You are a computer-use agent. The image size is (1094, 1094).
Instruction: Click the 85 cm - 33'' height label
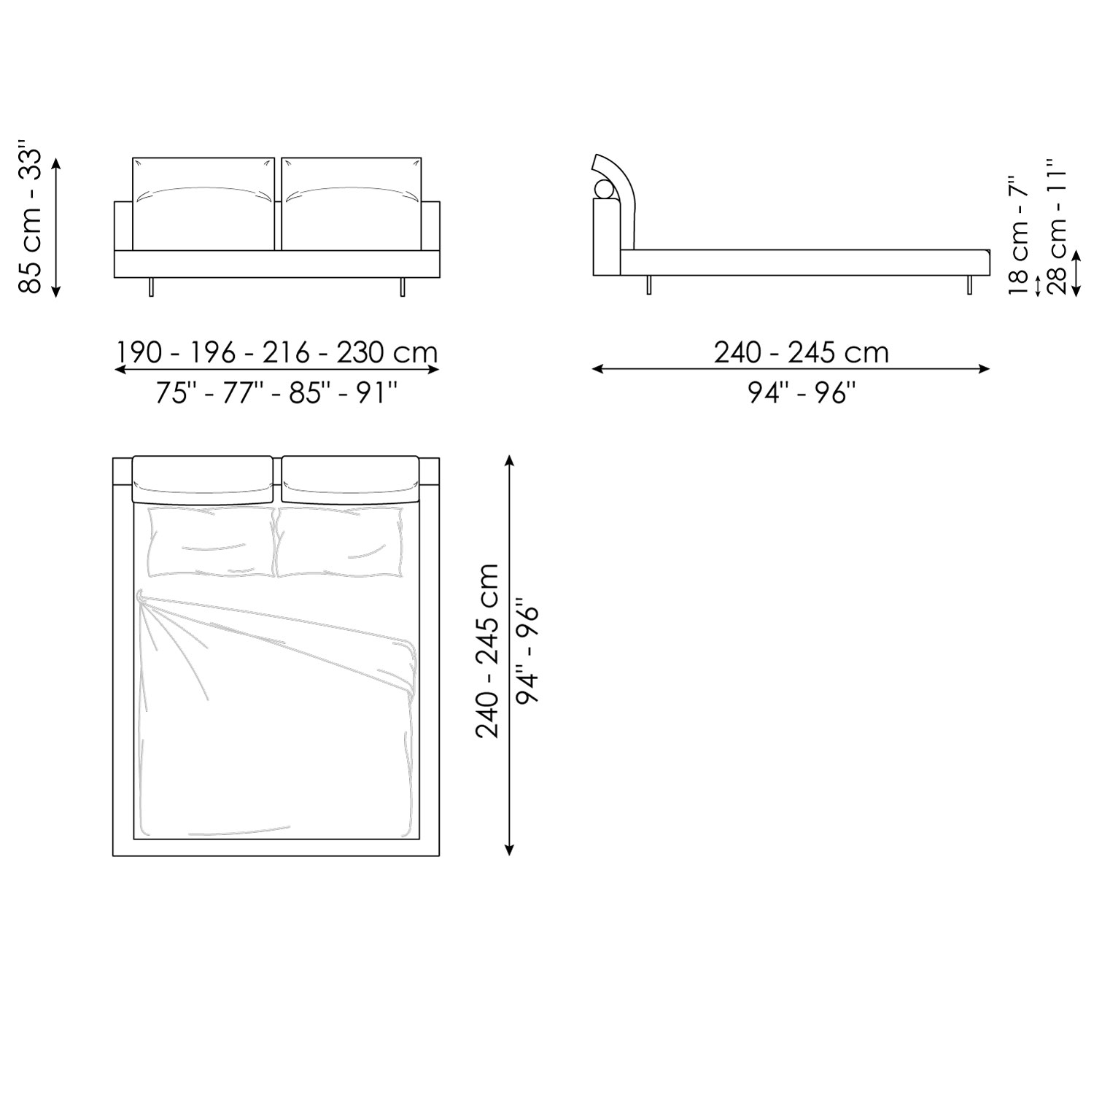(x=31, y=222)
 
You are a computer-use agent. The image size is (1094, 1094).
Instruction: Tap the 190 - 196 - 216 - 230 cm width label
(x=277, y=353)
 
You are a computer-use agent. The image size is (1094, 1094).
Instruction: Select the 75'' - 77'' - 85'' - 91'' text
(x=277, y=394)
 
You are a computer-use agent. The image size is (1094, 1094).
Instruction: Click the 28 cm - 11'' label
(x=1057, y=226)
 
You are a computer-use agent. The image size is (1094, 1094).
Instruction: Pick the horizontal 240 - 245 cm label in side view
(x=801, y=353)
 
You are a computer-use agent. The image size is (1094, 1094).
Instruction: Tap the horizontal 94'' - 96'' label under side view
(x=801, y=394)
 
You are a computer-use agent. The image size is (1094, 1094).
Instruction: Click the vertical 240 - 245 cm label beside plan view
(x=487, y=651)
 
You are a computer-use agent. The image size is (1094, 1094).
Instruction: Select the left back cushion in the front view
(x=203, y=204)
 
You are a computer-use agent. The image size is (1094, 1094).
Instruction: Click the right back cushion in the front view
(x=352, y=204)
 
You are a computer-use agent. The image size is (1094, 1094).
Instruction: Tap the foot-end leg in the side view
(x=970, y=285)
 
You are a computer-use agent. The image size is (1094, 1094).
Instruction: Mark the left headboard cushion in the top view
(x=202, y=479)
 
